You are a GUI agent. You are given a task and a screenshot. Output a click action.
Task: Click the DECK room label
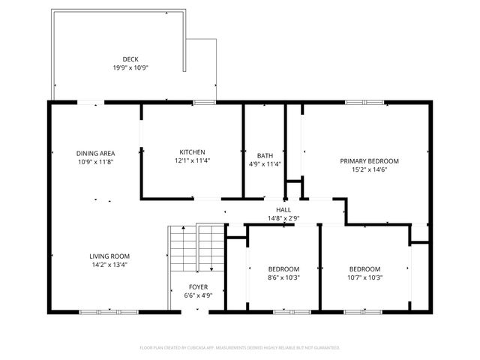(130, 59)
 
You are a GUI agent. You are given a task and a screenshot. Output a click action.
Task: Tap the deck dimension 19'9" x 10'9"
(130, 67)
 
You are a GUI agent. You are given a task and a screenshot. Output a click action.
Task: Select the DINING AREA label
(95, 152)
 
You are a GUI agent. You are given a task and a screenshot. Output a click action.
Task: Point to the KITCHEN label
(192, 152)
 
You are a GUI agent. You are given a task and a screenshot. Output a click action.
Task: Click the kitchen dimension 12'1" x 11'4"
(192, 160)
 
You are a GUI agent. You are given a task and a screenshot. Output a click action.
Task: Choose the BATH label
(265, 156)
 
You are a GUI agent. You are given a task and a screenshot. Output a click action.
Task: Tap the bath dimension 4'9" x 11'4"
(265, 164)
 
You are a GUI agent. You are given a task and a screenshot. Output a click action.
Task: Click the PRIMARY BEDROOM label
(369, 160)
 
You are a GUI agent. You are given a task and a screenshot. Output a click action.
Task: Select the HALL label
(283, 210)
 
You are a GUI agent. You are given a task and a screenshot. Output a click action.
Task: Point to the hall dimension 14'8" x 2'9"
(283, 218)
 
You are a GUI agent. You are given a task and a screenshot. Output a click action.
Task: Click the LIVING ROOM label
(109, 256)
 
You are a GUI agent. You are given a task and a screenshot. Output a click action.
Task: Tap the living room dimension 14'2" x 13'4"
(109, 264)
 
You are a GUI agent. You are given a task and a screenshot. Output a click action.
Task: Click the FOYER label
(199, 286)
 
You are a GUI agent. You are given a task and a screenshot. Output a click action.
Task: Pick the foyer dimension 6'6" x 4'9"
(199, 295)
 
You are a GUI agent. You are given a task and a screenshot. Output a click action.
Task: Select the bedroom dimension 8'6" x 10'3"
(284, 277)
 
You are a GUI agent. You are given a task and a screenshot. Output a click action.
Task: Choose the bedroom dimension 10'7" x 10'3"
(364, 277)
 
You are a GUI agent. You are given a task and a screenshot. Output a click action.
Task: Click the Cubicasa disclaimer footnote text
(240, 347)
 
